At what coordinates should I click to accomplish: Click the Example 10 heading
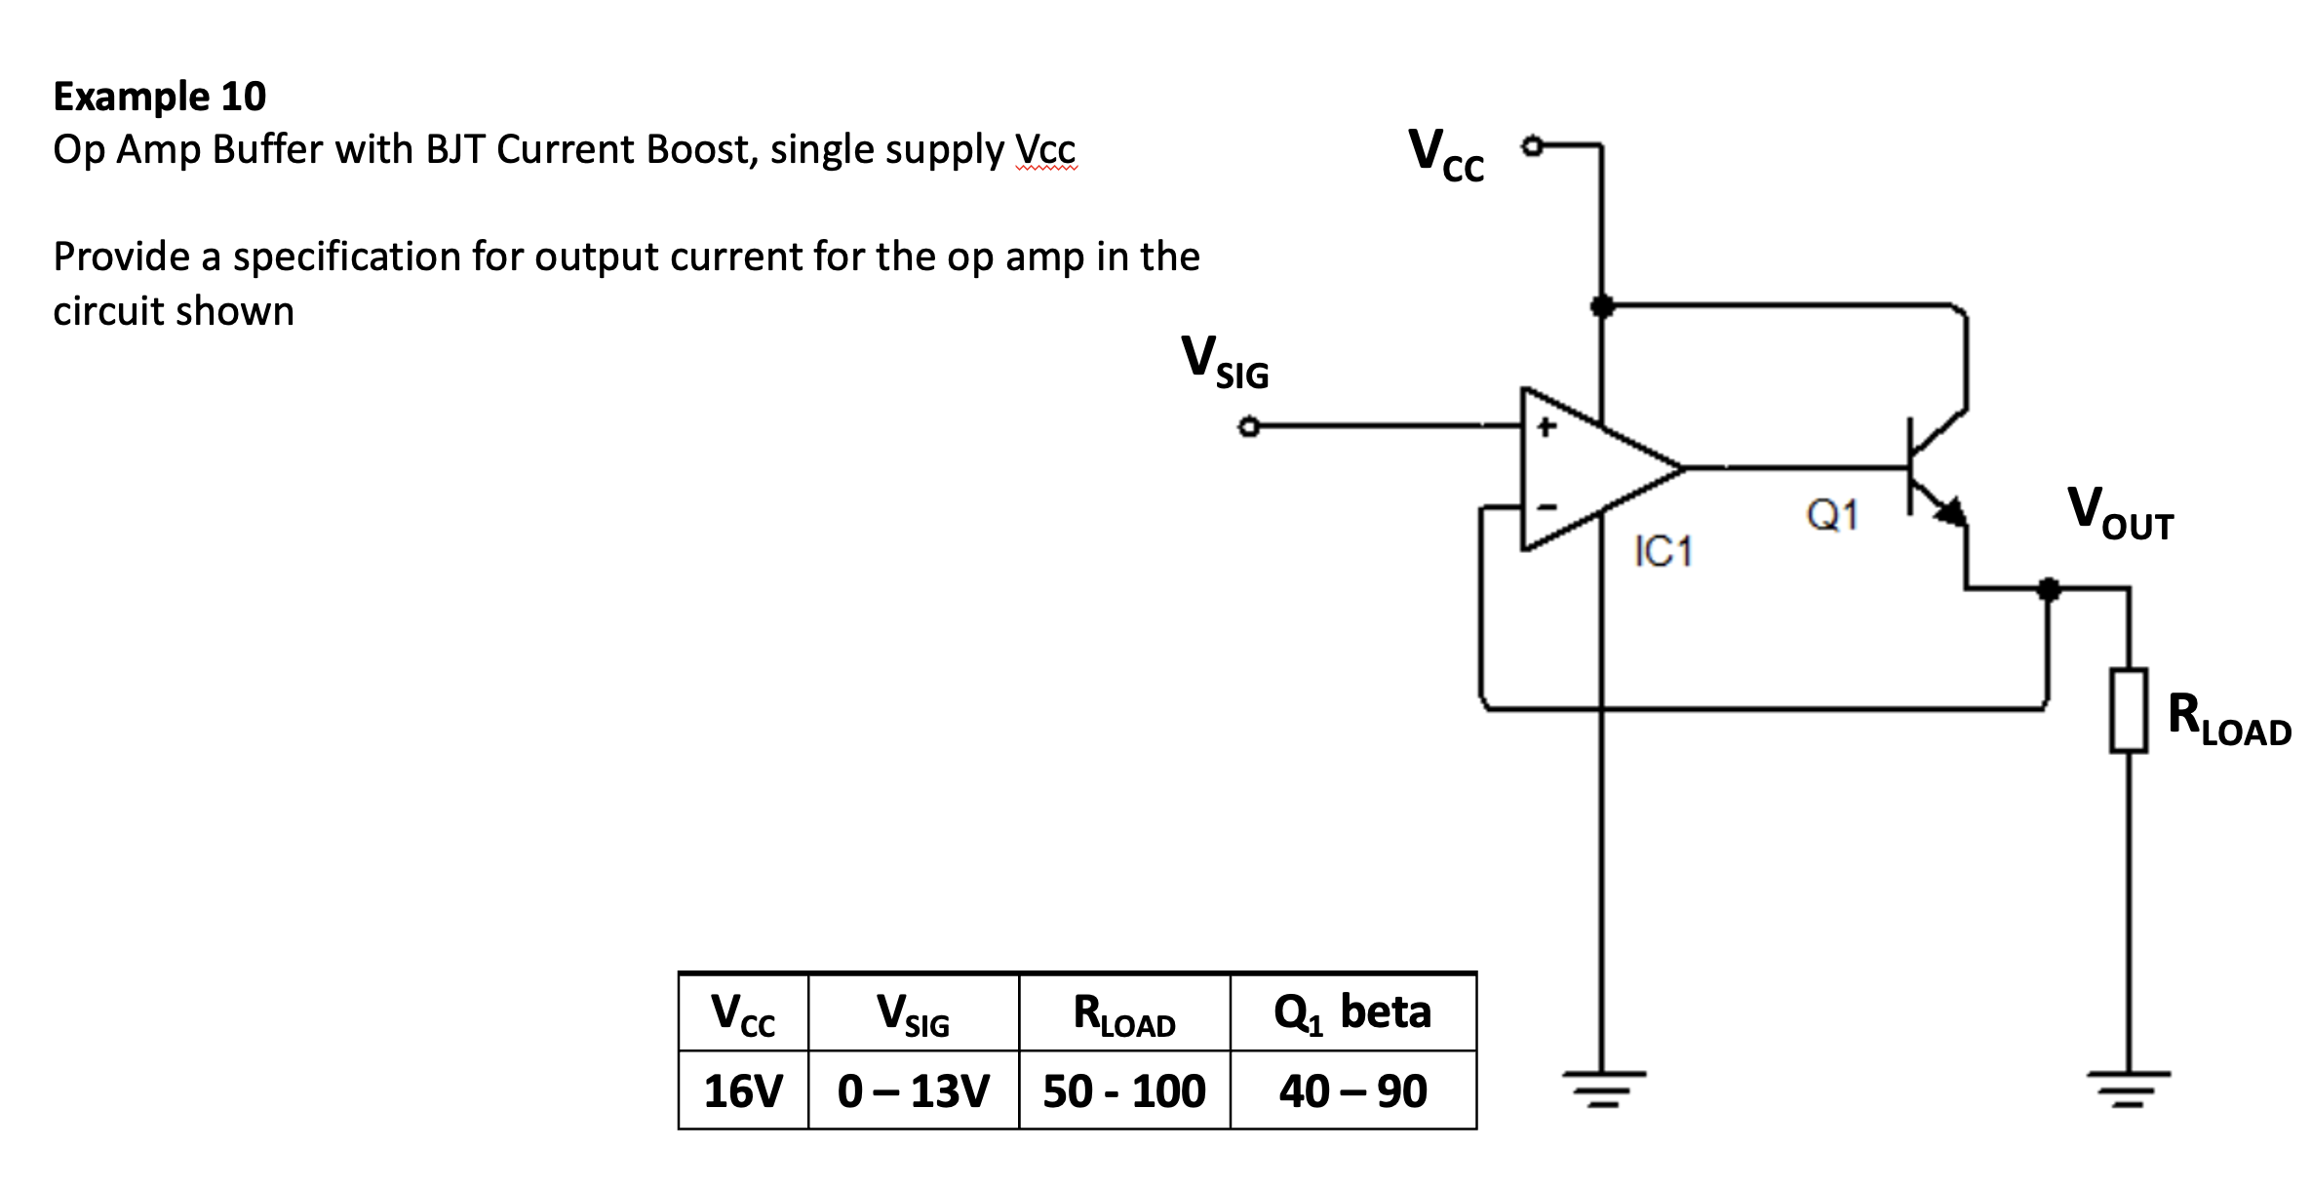click(x=159, y=97)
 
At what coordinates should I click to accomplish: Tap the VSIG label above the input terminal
click(x=1225, y=362)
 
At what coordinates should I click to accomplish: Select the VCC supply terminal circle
click(x=1533, y=147)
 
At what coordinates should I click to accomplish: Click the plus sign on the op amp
click(x=1545, y=427)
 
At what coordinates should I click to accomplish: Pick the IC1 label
click(x=1664, y=552)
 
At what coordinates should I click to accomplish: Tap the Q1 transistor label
click(x=1832, y=515)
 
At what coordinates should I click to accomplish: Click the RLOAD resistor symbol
click(x=2129, y=710)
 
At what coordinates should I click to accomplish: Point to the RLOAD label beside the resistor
click(x=2228, y=719)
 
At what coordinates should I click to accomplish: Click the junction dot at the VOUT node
click(x=2049, y=589)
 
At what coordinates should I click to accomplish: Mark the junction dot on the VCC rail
click(x=1600, y=306)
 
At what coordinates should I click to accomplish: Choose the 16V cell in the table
click(x=743, y=1090)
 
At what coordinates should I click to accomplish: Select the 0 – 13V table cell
click(x=914, y=1090)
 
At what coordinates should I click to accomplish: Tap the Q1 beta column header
click(x=1352, y=1012)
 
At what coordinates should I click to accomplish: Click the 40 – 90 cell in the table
click(x=1352, y=1090)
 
